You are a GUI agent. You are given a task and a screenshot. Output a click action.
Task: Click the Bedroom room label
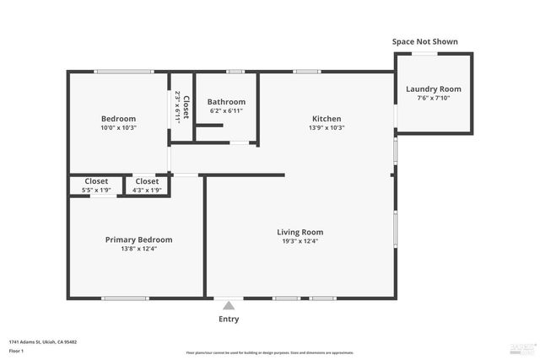point(118,119)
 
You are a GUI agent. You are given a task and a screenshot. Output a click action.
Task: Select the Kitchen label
point(327,119)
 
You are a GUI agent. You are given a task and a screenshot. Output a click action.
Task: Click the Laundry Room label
point(434,89)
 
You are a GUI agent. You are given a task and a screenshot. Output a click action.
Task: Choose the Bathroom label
point(226,101)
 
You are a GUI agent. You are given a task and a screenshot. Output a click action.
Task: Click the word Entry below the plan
point(229,320)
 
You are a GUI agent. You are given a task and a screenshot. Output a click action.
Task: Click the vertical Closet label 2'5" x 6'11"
point(181,107)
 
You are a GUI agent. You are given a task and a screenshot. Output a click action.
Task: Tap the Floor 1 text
point(16,350)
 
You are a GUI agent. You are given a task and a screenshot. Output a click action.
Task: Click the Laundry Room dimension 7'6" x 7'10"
point(434,98)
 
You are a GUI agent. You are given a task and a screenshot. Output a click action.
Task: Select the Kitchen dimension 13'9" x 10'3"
point(327,128)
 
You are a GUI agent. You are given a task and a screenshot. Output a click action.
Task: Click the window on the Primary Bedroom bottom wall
point(126,298)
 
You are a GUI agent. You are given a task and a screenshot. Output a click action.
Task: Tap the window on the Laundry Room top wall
point(424,53)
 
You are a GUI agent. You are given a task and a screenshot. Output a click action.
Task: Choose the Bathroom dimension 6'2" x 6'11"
point(226,110)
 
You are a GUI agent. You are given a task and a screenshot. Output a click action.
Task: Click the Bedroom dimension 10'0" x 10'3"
point(118,128)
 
